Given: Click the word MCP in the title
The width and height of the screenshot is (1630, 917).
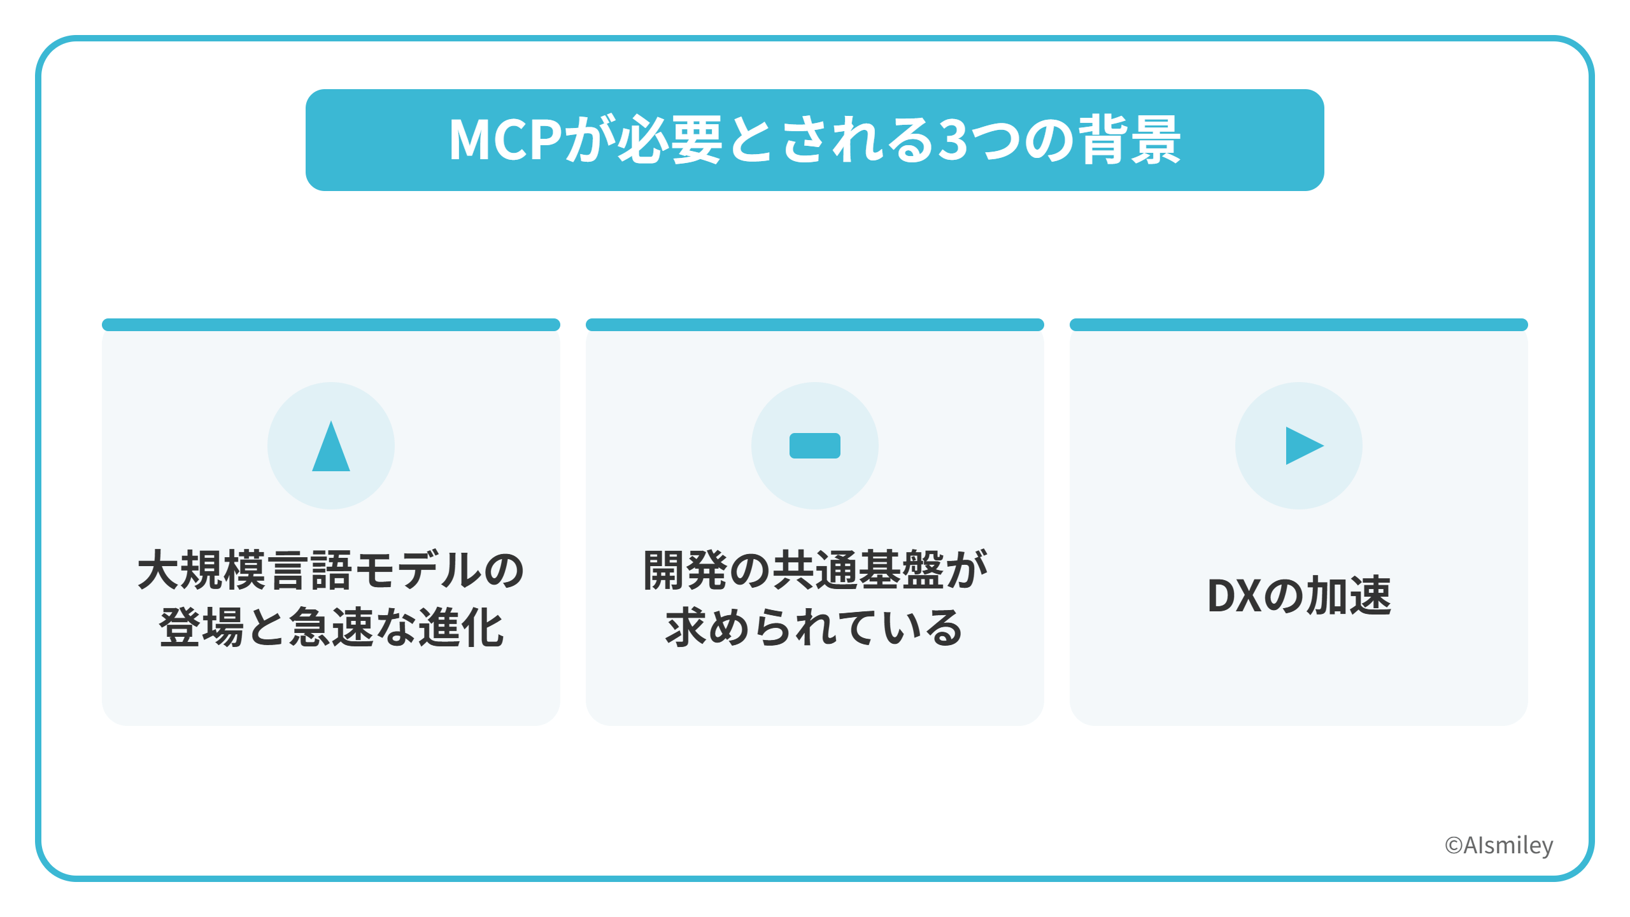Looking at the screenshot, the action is point(506,139).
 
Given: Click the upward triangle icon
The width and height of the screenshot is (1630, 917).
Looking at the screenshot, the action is point(331,446).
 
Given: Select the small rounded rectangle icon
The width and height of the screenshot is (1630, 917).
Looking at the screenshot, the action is point(815,446).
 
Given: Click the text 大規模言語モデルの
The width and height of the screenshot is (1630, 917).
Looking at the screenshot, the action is point(331,570).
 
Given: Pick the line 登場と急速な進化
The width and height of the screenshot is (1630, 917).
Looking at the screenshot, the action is point(331,627).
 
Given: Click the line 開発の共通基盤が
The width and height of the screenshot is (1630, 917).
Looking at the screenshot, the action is point(815,570).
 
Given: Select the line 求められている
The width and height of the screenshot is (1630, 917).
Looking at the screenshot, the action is point(814,627).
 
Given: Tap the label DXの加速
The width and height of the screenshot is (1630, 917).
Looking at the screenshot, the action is point(1299,595).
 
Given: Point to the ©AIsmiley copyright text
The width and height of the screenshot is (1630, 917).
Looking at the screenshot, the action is point(1499,846).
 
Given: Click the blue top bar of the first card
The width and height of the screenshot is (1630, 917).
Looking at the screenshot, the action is point(331,325).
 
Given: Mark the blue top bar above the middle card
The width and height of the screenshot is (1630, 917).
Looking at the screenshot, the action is point(815,325).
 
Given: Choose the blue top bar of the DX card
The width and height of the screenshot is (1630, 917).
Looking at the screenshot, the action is point(1299,325).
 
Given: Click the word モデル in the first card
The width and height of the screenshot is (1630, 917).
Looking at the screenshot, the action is point(418,570).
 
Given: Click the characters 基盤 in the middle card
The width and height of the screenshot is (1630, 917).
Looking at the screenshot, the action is point(901,570).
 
